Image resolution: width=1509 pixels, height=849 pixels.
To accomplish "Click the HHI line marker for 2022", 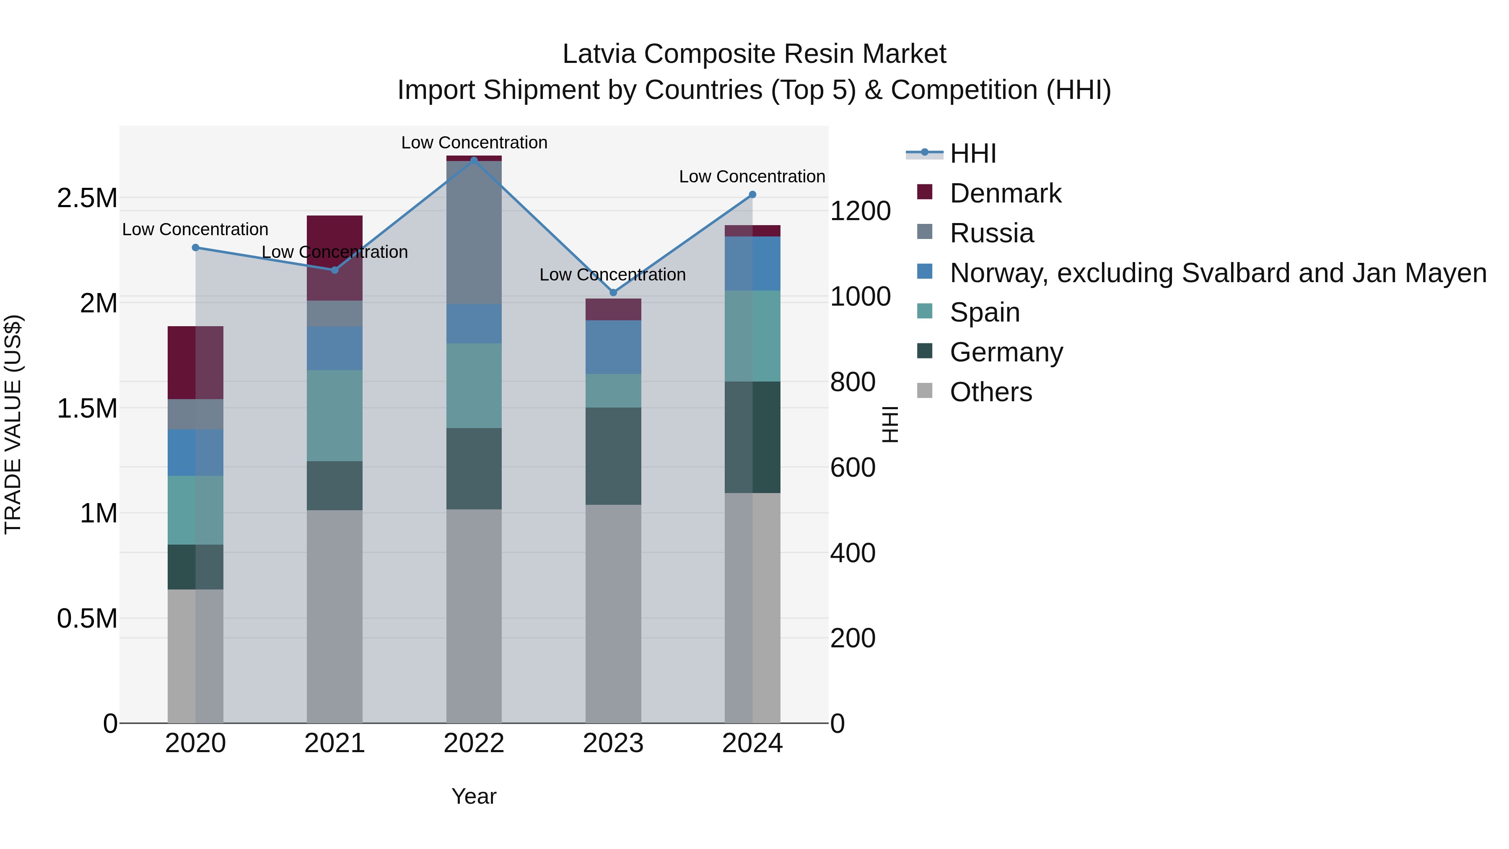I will [x=474, y=160].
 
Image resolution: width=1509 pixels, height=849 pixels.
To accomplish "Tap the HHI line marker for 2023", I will [x=613, y=292].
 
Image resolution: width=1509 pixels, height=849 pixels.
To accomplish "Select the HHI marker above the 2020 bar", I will [x=196, y=248].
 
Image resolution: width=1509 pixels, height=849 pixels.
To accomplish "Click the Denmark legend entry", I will [x=1005, y=193].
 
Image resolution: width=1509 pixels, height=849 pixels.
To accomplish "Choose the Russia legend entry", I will [x=991, y=233].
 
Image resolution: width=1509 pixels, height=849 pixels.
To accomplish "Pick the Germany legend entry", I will [x=1006, y=352].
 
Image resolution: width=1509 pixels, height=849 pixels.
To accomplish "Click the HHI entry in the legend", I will [x=972, y=153].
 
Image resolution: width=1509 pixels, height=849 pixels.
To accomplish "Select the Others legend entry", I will [x=990, y=392].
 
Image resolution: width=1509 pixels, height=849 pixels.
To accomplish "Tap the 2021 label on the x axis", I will [x=334, y=743].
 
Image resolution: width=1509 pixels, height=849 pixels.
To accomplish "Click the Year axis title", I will [x=474, y=796].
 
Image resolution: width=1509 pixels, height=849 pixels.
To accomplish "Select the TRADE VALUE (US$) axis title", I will [x=13, y=424].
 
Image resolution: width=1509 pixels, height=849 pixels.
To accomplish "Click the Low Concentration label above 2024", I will [x=752, y=177].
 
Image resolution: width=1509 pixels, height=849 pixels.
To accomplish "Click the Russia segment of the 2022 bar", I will [x=474, y=232].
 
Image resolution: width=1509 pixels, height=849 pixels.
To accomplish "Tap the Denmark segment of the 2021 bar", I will [x=334, y=258].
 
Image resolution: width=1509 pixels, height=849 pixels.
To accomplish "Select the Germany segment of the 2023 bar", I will [x=613, y=456].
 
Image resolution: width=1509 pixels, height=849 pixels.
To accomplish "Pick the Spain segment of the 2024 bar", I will [x=752, y=336].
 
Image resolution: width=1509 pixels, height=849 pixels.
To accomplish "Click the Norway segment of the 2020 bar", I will [x=196, y=452].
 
